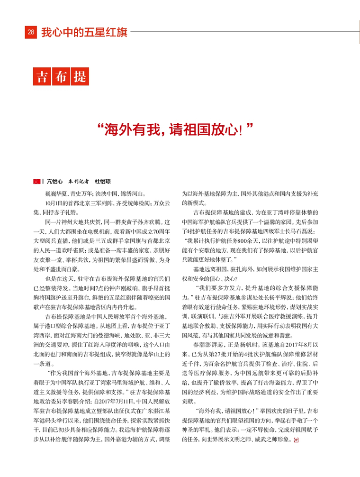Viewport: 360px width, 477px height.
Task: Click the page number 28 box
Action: tap(31, 33)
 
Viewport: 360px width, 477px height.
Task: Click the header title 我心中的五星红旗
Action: tap(84, 33)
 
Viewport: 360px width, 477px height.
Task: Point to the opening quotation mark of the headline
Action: tap(99, 126)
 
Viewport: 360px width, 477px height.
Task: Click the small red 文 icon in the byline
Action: tap(36, 181)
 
